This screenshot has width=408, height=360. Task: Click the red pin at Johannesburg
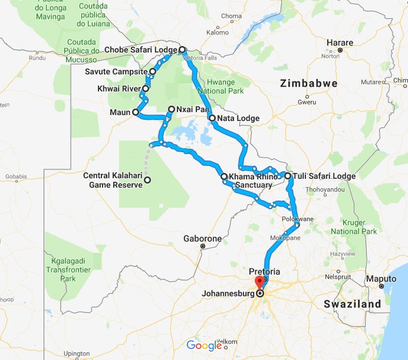click(258, 283)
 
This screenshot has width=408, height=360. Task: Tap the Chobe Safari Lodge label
click(142, 50)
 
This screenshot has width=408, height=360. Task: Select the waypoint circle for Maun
click(136, 112)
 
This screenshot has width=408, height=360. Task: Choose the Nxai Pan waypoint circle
click(171, 109)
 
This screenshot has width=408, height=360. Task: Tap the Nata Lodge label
click(238, 118)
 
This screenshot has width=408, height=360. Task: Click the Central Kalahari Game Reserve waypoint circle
click(147, 180)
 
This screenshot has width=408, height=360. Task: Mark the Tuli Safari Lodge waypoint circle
click(288, 176)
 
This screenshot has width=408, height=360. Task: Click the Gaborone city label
click(202, 239)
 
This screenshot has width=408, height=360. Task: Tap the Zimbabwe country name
click(309, 83)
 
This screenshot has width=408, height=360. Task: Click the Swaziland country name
click(352, 304)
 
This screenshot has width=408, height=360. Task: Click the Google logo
click(203, 346)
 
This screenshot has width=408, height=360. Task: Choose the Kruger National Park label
click(353, 227)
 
